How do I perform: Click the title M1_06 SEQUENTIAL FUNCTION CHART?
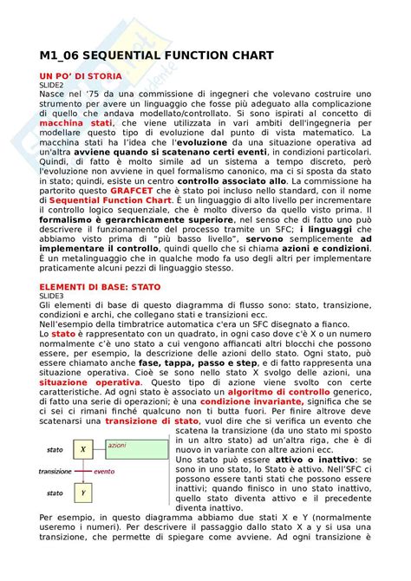tap(156, 55)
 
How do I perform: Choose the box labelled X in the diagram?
tap(82, 449)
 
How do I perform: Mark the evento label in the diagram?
tap(104, 472)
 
